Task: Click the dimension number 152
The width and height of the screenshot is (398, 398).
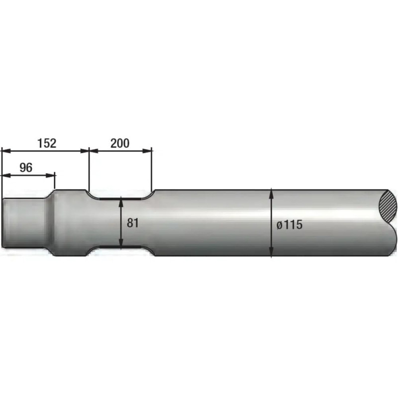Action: [47, 143]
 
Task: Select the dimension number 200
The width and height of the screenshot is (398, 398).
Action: [120, 143]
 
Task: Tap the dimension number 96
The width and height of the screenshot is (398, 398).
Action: [26, 168]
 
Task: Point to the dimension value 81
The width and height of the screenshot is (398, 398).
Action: [133, 223]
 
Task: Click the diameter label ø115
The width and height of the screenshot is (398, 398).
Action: [290, 225]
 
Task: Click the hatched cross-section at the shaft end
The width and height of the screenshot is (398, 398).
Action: [387, 207]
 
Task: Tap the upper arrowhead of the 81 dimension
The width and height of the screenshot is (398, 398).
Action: [121, 200]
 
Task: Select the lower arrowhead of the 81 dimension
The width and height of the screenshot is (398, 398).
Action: [121, 243]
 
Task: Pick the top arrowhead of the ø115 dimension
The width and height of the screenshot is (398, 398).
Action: [271, 194]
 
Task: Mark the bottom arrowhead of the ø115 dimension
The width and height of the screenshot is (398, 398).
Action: [271, 252]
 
